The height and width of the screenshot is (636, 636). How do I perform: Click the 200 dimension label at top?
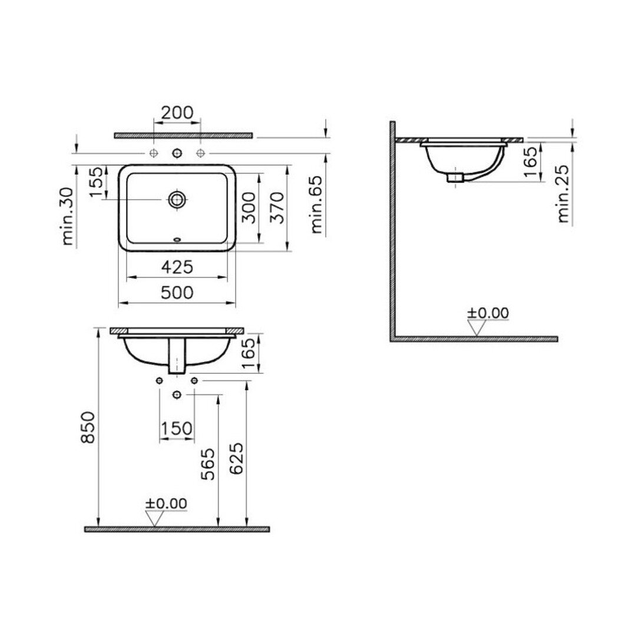(177, 112)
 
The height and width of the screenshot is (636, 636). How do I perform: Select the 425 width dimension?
(177, 267)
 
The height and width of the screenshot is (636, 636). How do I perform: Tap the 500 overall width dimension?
(177, 293)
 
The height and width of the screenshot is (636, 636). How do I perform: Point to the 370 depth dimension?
(277, 208)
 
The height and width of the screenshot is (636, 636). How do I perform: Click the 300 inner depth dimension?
(249, 208)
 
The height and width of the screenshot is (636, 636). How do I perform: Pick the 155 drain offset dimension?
(97, 182)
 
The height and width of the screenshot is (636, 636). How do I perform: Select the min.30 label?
(68, 216)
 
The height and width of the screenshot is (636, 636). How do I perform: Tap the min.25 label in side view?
(563, 194)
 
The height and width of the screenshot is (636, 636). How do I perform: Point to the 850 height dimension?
(88, 427)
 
